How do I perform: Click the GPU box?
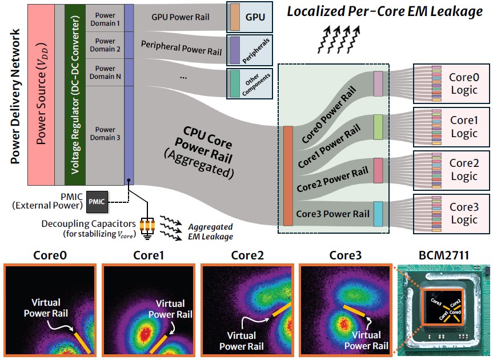(x=250, y=17)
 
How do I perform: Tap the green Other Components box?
(x=250, y=84)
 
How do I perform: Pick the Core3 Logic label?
(x=463, y=213)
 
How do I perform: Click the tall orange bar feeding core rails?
(x=288, y=176)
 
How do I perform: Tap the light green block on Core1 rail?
(x=378, y=127)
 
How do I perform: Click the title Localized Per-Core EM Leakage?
(x=384, y=11)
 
